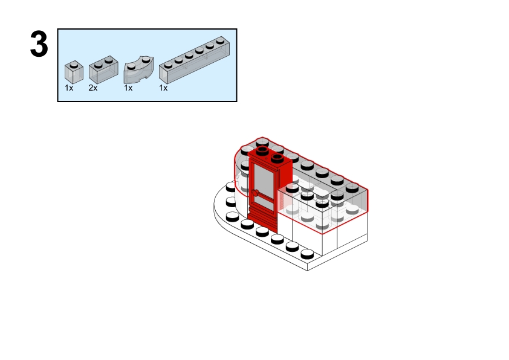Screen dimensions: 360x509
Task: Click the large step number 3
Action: pyautogui.click(x=39, y=45)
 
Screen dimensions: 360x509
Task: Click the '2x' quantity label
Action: pyautogui.click(x=93, y=88)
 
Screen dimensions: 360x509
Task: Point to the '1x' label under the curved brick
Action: pyautogui.click(x=128, y=88)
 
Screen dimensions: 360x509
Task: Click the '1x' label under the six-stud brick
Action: pyautogui.click(x=163, y=88)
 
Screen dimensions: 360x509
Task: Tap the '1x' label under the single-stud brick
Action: pyautogui.click(x=69, y=88)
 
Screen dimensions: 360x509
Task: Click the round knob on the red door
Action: pyautogui.click(x=256, y=194)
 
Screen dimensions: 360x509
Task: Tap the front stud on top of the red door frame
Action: pyautogui.click(x=277, y=158)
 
